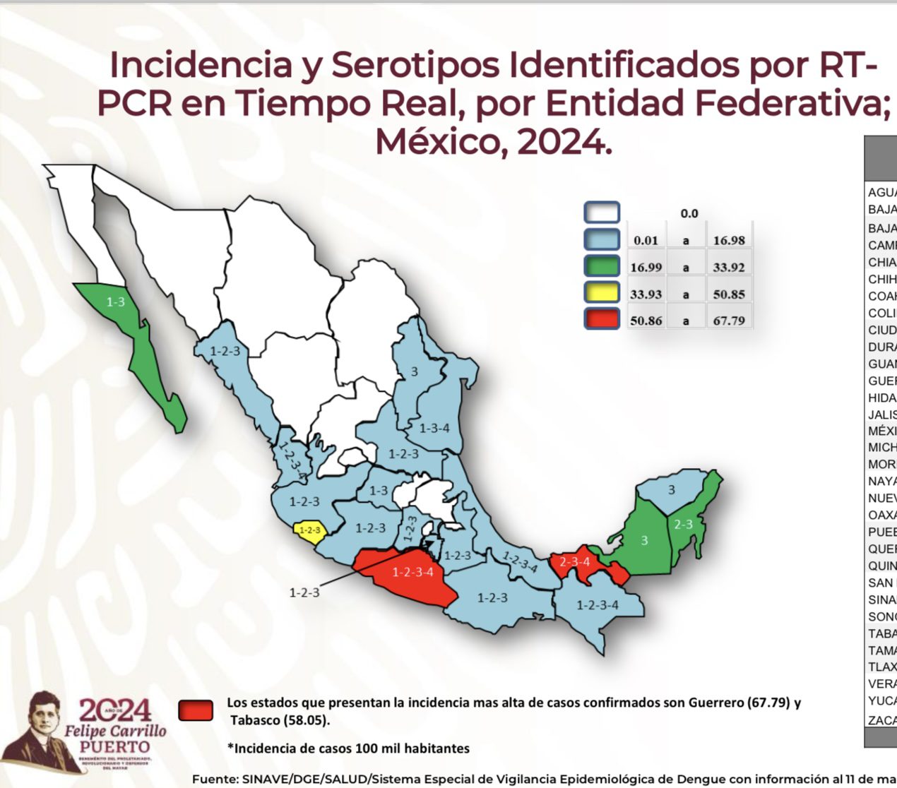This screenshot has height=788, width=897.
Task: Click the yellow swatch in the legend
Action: [602, 292]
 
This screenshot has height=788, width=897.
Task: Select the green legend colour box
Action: [602, 266]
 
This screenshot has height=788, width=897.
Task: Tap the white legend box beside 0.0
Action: [602, 213]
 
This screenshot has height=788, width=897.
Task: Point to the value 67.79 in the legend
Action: [728, 321]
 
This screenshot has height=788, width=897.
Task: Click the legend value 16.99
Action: [646, 268]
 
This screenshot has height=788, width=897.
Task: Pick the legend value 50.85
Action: [728, 294]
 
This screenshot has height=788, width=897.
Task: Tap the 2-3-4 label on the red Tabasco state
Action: [574, 562]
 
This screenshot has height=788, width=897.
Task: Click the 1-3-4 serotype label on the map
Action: [434, 428]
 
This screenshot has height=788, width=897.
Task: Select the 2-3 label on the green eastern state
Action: [683, 524]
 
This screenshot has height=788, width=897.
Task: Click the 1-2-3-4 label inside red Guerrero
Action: [413, 572]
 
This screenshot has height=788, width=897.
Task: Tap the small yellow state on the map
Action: [309, 530]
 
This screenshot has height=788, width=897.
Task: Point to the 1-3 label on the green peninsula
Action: [116, 302]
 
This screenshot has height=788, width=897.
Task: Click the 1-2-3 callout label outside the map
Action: [304, 592]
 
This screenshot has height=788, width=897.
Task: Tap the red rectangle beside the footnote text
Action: [196, 710]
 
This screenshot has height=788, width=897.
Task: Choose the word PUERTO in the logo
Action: [114, 747]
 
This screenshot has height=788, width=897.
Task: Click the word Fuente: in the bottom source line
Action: [215, 779]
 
